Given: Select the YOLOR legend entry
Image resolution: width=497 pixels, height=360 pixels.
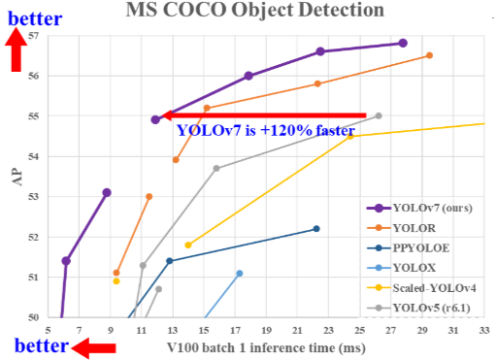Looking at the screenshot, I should point(417,227).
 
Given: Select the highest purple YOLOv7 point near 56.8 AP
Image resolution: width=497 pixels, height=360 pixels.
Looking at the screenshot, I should point(403,43).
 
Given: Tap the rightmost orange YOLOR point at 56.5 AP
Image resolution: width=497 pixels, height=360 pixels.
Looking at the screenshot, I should point(429,55).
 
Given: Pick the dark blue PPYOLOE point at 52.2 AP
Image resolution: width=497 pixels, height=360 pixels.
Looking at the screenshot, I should point(315,229).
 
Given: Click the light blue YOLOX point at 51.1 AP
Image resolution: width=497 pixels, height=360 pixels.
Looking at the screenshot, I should point(239,273).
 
